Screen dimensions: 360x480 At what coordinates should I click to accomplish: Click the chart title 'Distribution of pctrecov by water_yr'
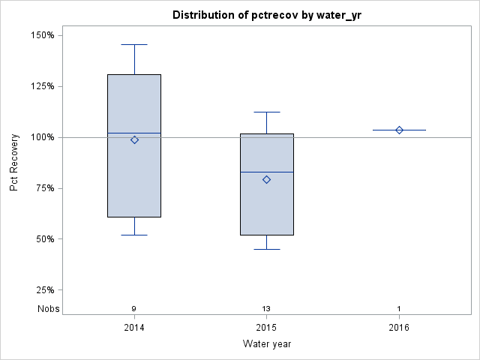pos(266,15)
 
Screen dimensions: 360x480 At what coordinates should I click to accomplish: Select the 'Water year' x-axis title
pos(266,344)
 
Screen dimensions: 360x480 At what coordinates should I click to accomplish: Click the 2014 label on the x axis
pos(134,328)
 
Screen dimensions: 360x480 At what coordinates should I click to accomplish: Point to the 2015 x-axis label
pos(266,328)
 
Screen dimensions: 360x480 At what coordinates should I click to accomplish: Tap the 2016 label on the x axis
pos(399,328)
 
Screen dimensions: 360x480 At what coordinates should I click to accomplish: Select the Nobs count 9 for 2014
pos(134,309)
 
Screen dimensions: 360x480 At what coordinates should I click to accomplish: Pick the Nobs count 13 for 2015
pos(266,309)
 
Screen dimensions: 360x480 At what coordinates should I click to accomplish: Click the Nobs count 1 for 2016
pos(399,309)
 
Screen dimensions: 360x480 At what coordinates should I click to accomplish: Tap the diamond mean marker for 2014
pos(134,139)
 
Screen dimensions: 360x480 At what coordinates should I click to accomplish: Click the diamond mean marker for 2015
pos(266,180)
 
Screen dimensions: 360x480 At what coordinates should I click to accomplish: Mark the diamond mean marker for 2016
pos(399,130)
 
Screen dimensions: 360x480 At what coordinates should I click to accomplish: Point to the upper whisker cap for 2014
pos(134,44)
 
